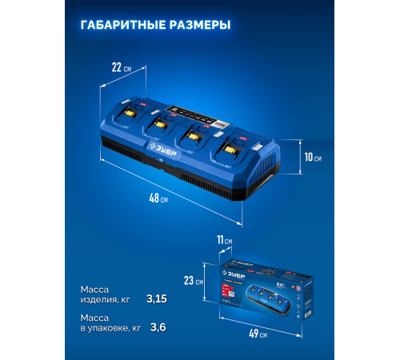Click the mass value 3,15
coord(158,298)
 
